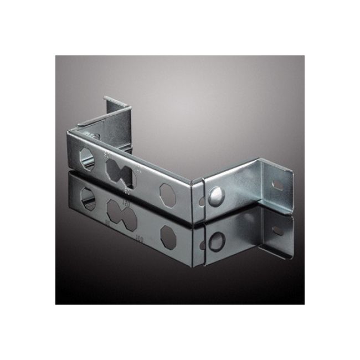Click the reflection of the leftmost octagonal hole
tap(86, 195)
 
